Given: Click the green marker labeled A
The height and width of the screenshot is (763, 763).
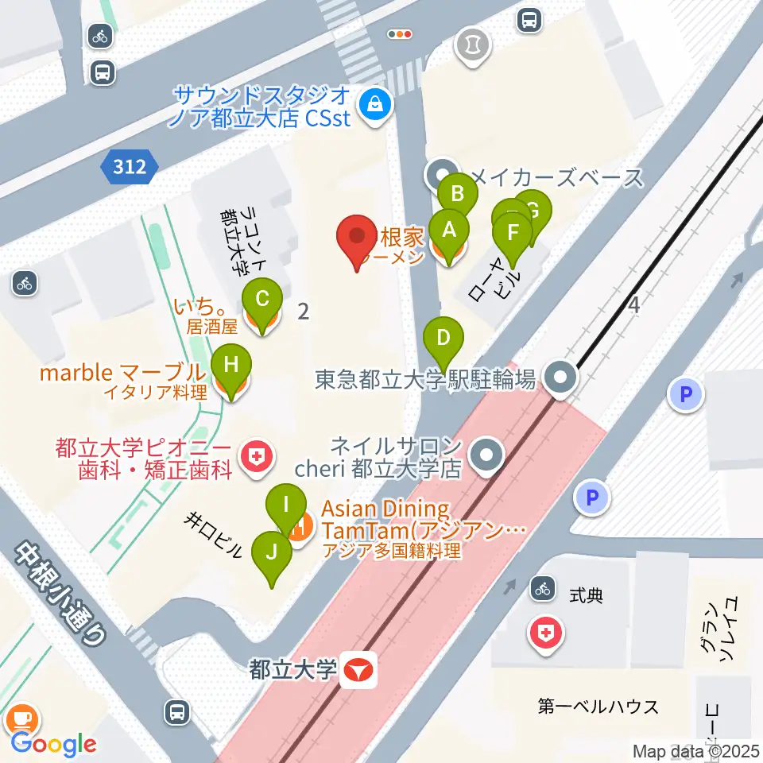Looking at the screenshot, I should click(x=448, y=231).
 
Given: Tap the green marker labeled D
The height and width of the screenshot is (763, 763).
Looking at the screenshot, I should click(x=444, y=338).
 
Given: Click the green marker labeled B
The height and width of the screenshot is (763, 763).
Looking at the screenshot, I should click(x=458, y=194).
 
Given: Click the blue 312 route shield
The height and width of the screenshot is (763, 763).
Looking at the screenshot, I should click(x=129, y=166).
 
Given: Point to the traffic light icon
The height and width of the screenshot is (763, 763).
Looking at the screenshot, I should click(x=400, y=34).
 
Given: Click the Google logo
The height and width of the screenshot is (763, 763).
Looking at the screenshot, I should click(x=52, y=744).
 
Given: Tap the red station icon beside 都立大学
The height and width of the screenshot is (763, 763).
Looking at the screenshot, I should click(x=359, y=671).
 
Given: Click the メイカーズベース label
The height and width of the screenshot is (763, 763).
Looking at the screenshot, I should click(x=556, y=177).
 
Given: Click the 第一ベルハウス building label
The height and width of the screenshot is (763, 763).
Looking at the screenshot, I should click(x=598, y=706).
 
